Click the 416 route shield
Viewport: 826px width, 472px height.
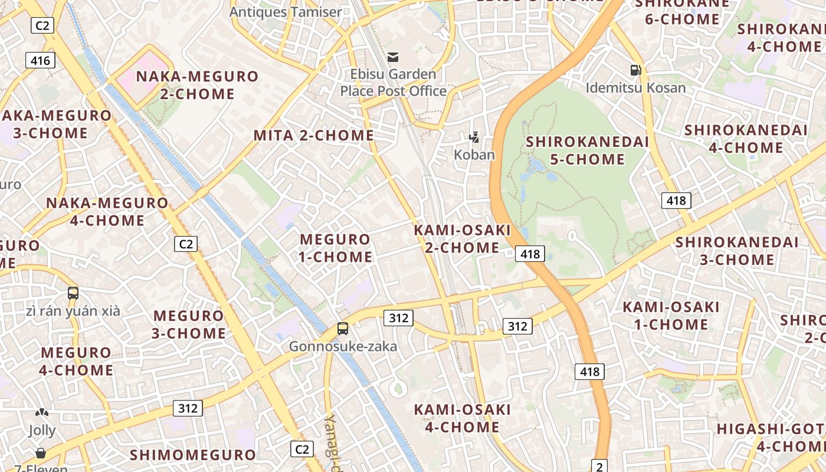click(x=40, y=60)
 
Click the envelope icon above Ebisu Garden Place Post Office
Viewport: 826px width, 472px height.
click(x=393, y=57)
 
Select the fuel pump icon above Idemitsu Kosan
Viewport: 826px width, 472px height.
click(x=635, y=70)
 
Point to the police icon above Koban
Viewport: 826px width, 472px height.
click(x=474, y=137)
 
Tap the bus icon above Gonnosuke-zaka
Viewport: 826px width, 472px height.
click(x=343, y=329)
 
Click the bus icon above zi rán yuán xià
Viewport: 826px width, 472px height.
click(x=73, y=293)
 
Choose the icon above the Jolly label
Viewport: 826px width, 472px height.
click(x=41, y=412)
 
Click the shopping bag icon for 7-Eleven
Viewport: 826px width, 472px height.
click(x=41, y=453)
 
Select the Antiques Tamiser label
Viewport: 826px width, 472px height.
click(x=286, y=12)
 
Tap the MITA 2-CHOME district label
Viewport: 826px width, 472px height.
click(x=314, y=135)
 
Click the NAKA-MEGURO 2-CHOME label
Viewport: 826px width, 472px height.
click(x=197, y=85)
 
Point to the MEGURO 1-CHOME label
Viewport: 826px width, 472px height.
click(x=336, y=248)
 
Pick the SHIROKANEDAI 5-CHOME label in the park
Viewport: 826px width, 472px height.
click(x=587, y=150)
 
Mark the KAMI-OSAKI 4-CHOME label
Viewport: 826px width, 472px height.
click(x=462, y=418)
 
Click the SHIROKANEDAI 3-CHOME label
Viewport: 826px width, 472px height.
click(x=737, y=251)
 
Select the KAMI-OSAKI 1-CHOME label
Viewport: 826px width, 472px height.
click(x=671, y=316)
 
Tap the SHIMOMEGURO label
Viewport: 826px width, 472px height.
click(x=193, y=455)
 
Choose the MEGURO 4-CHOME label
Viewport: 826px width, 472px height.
click(x=76, y=361)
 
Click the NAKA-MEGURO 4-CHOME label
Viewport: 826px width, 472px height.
click(x=107, y=212)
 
